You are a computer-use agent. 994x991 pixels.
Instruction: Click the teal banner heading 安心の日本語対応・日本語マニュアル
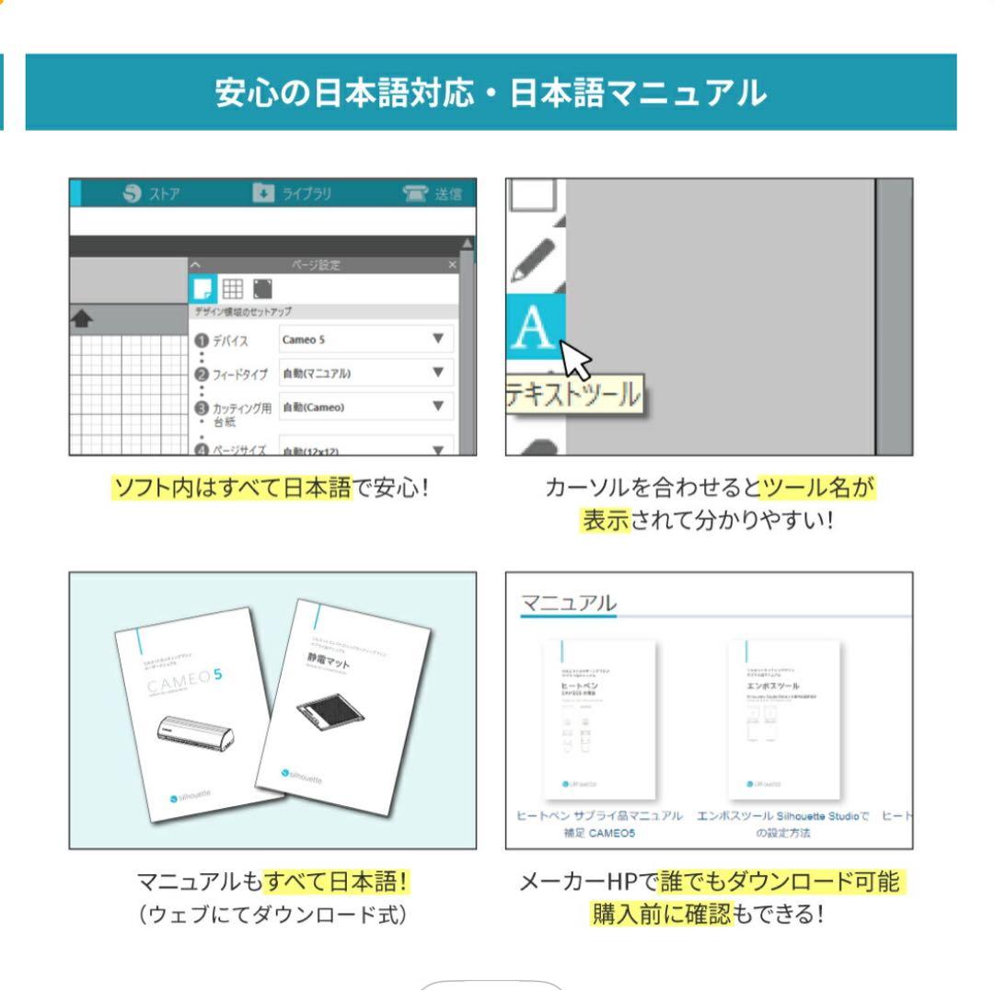point(491,93)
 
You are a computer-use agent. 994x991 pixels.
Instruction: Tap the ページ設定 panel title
point(316,265)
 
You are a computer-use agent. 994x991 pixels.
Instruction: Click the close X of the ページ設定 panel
point(452,265)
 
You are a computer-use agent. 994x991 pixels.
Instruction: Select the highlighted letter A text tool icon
point(535,328)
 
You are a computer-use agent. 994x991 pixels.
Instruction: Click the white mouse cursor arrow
point(576,359)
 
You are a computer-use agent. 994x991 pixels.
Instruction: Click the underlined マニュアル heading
point(568,604)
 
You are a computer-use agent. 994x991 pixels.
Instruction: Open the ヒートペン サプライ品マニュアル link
point(599,816)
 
